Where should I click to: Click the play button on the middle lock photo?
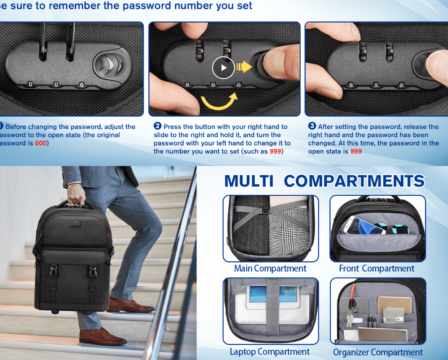(x=224, y=68)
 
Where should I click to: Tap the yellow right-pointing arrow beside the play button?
(x=244, y=67)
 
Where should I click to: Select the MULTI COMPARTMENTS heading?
(x=324, y=181)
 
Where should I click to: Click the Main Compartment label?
(x=270, y=269)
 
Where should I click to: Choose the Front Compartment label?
(x=377, y=269)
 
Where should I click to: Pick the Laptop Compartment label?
(x=269, y=352)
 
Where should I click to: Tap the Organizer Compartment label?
(x=378, y=353)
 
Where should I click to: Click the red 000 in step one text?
(x=41, y=143)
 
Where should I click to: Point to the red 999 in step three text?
(x=356, y=152)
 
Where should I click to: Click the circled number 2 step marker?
(x=157, y=126)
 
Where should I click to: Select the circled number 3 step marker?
(x=312, y=126)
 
